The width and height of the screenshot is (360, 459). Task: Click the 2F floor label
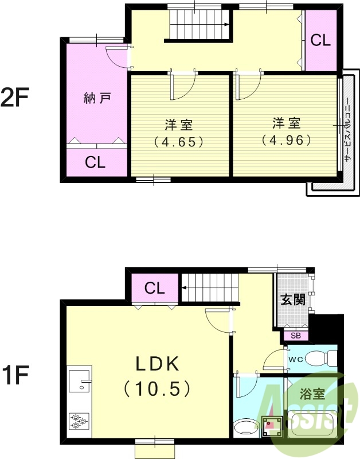point(14,97)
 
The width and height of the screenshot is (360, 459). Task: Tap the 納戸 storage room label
point(96,98)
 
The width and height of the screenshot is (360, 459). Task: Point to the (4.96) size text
point(285,139)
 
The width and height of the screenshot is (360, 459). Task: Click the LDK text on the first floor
point(158,364)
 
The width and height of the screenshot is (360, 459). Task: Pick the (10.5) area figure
point(156,390)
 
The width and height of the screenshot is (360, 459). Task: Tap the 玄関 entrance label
point(292,299)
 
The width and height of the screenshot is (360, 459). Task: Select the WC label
point(296,359)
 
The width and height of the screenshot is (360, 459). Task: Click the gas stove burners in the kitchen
point(79,422)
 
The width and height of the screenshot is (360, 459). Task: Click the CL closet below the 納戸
point(95,162)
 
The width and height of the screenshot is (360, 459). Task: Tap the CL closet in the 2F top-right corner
point(320,40)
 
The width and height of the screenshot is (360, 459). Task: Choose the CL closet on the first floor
point(155,288)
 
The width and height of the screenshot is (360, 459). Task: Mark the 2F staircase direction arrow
point(228,25)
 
